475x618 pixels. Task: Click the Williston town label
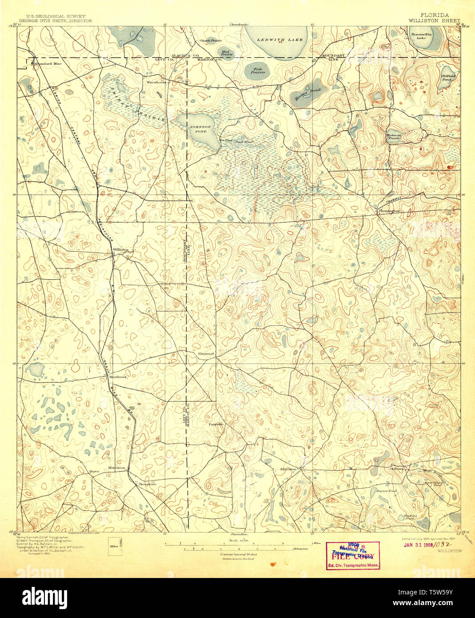[120, 250]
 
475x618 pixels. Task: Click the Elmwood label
[206, 353]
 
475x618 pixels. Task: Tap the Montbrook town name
[118, 377]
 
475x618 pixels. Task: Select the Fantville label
[216, 424]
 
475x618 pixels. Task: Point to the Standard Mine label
[48, 64]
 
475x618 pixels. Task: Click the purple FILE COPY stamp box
[353, 556]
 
